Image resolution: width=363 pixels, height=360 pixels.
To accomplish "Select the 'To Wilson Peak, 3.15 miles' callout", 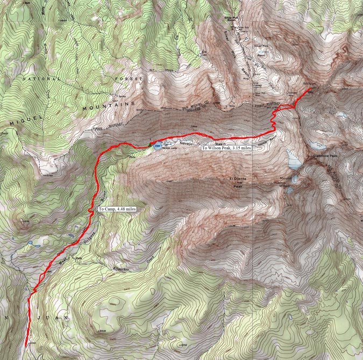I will [226, 148].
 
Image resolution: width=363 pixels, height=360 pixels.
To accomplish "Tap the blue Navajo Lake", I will [157, 146].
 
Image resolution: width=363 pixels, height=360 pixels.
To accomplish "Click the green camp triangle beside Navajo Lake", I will [150, 144].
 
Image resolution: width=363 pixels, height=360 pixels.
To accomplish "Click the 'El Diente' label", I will [237, 178].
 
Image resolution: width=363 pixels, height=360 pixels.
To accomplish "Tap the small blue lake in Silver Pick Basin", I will [260, 53].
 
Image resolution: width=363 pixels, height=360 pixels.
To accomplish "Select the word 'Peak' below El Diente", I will [237, 186].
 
